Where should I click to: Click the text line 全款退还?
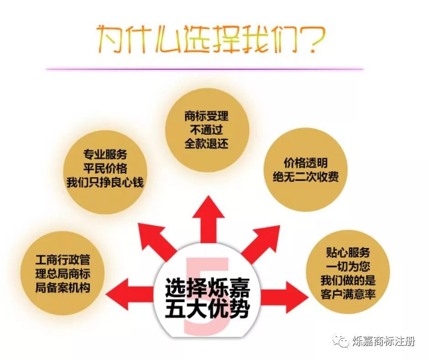(x=206, y=144)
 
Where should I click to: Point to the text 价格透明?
(x=306, y=164)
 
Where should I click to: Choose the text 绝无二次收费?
(x=306, y=177)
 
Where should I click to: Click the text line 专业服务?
(x=105, y=154)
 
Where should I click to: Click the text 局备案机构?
(x=63, y=288)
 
